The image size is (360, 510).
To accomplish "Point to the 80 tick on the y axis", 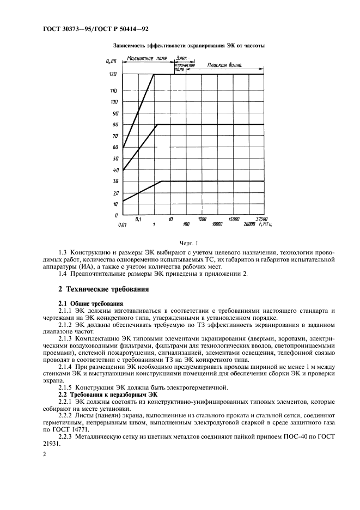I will point(115,125).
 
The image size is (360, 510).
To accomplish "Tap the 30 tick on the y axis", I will point(115,181).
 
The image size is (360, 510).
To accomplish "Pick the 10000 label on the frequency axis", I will point(217,224).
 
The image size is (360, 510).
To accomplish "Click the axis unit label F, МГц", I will point(265,224).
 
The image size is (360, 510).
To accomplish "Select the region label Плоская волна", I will point(224,65).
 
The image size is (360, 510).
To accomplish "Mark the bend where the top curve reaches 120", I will point(154,74).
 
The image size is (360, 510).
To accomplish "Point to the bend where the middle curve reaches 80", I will point(157,125).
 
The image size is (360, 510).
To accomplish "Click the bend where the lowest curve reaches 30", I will point(162,181).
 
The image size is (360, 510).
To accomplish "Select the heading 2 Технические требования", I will point(103,288).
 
